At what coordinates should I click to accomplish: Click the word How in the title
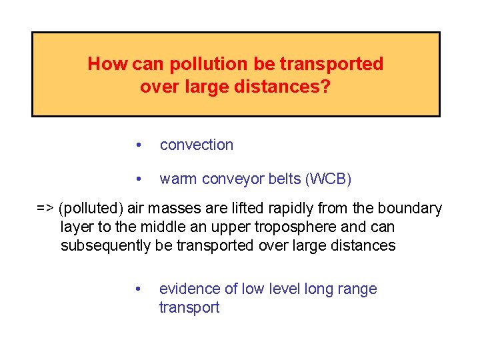coord(108,64)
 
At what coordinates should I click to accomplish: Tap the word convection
coord(197,145)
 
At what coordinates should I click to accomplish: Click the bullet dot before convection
coord(138,145)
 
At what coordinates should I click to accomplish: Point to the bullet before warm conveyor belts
coord(138,179)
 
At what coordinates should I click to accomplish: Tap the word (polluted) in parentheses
coord(89,209)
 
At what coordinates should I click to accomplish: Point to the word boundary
coord(411,209)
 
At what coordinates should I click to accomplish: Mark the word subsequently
coord(106,245)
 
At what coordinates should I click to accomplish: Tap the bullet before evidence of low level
coord(138,289)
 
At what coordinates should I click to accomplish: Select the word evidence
coord(187,289)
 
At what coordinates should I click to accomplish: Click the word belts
coord(279,179)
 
